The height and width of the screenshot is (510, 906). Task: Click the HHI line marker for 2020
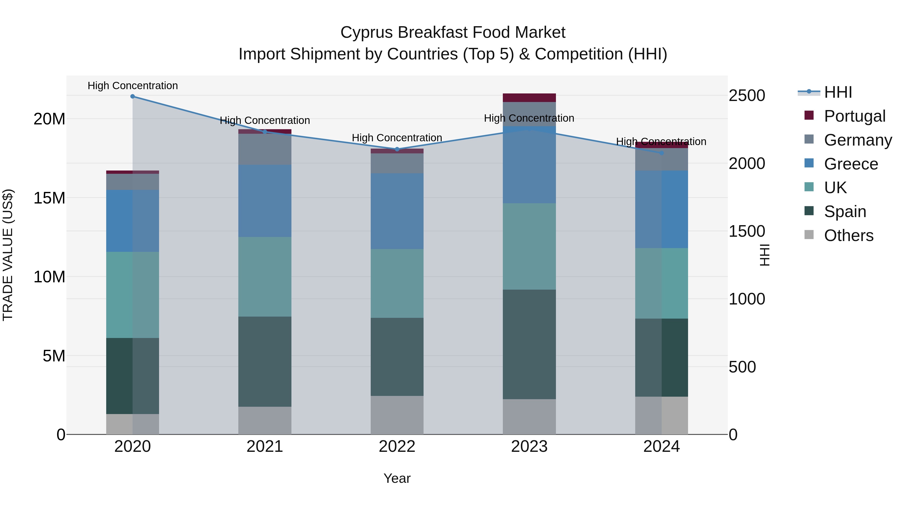(x=133, y=96)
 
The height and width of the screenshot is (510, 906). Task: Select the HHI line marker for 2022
(x=397, y=149)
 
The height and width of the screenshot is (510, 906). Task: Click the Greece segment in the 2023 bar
(x=529, y=165)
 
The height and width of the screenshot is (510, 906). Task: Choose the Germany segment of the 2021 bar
(x=265, y=149)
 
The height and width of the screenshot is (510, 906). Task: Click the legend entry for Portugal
(x=854, y=116)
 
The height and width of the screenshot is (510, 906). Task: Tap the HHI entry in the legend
(x=838, y=92)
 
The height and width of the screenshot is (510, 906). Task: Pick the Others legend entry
(x=848, y=235)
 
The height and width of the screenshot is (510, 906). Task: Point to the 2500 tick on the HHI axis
(x=746, y=96)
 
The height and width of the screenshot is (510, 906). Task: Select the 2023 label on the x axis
(x=529, y=447)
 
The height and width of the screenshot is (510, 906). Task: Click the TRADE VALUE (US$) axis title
(x=8, y=255)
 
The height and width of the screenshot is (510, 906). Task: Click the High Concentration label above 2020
(x=133, y=86)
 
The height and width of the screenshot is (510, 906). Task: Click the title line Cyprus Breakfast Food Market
(x=453, y=32)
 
